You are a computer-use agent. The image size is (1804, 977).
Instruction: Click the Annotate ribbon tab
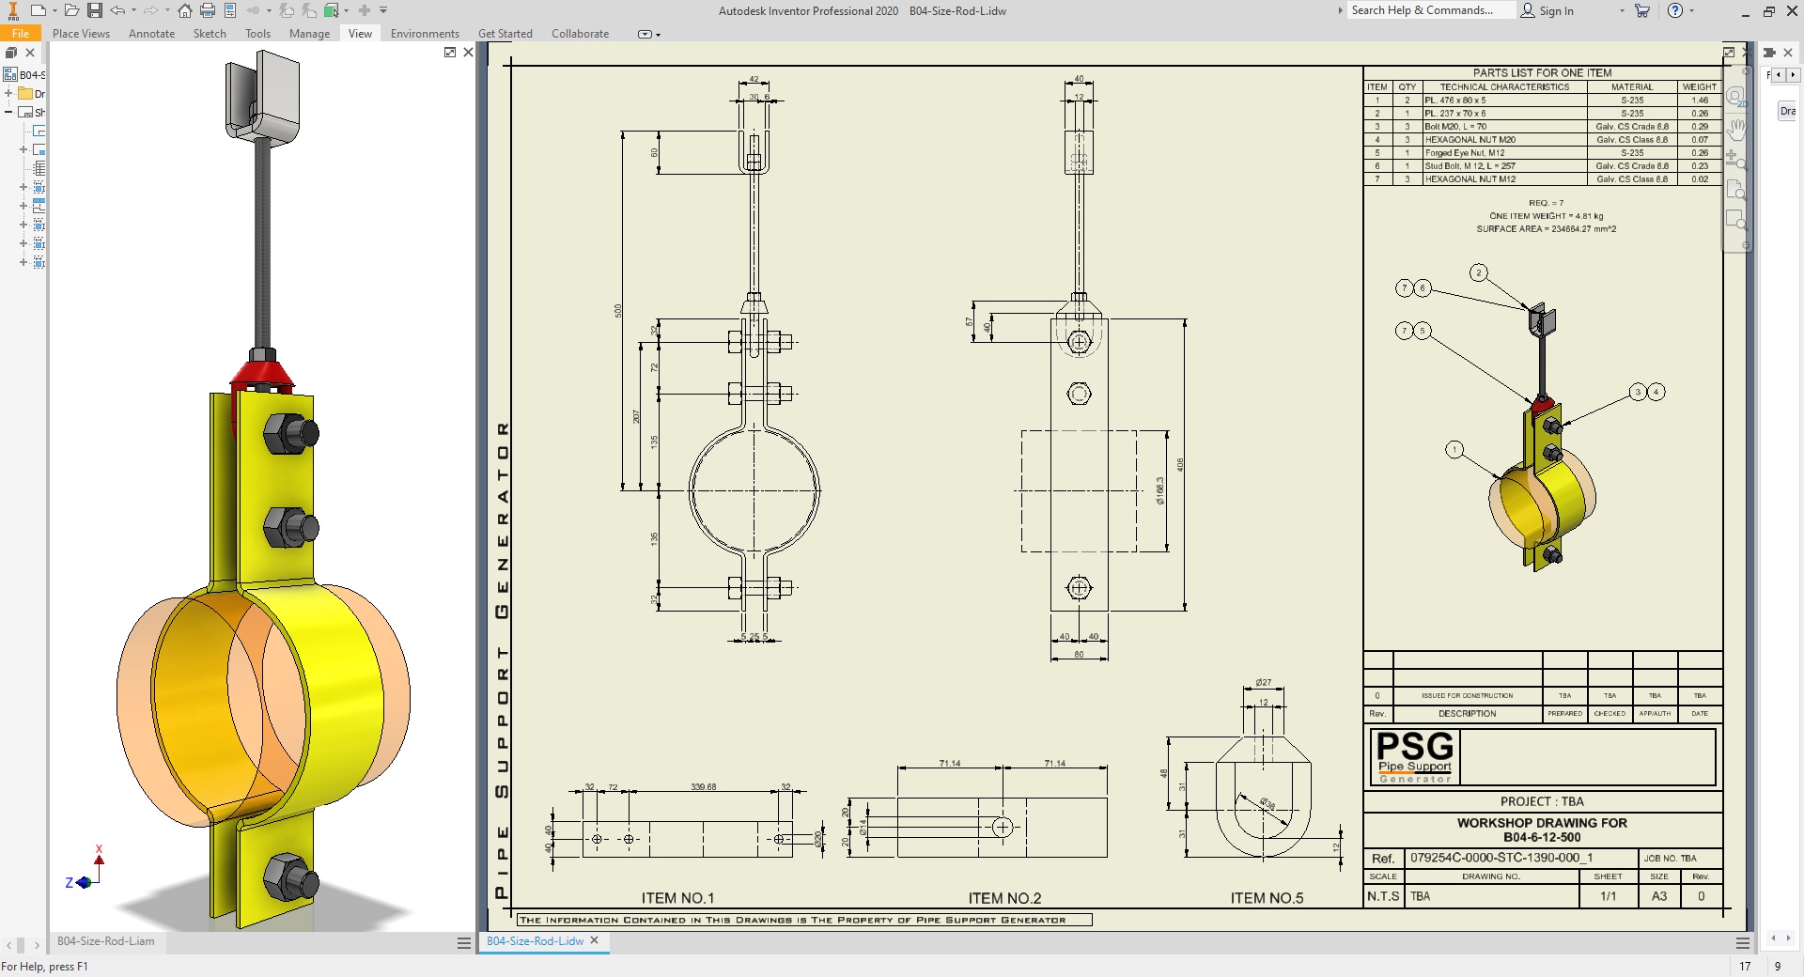click(151, 34)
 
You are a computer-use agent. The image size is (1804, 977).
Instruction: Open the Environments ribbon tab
click(425, 34)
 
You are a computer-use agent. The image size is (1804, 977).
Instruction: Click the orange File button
click(21, 34)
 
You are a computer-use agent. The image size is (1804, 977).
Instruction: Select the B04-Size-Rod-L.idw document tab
click(536, 940)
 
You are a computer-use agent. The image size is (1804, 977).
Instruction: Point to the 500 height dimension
click(618, 310)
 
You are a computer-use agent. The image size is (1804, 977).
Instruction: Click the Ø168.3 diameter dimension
click(1160, 490)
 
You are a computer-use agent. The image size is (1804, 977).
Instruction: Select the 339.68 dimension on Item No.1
click(703, 786)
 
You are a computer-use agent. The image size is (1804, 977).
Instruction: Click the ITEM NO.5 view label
click(1267, 898)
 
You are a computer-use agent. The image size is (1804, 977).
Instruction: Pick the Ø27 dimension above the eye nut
click(1263, 683)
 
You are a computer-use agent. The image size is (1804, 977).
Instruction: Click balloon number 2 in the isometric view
click(1478, 273)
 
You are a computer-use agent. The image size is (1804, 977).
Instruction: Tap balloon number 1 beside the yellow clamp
click(1454, 450)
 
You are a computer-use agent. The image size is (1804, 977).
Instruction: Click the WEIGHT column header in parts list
click(1699, 86)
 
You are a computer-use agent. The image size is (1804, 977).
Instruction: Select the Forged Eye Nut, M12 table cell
click(1465, 152)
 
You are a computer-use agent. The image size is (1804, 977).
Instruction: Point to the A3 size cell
click(1659, 896)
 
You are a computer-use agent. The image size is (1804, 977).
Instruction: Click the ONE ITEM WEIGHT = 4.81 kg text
click(1546, 216)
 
